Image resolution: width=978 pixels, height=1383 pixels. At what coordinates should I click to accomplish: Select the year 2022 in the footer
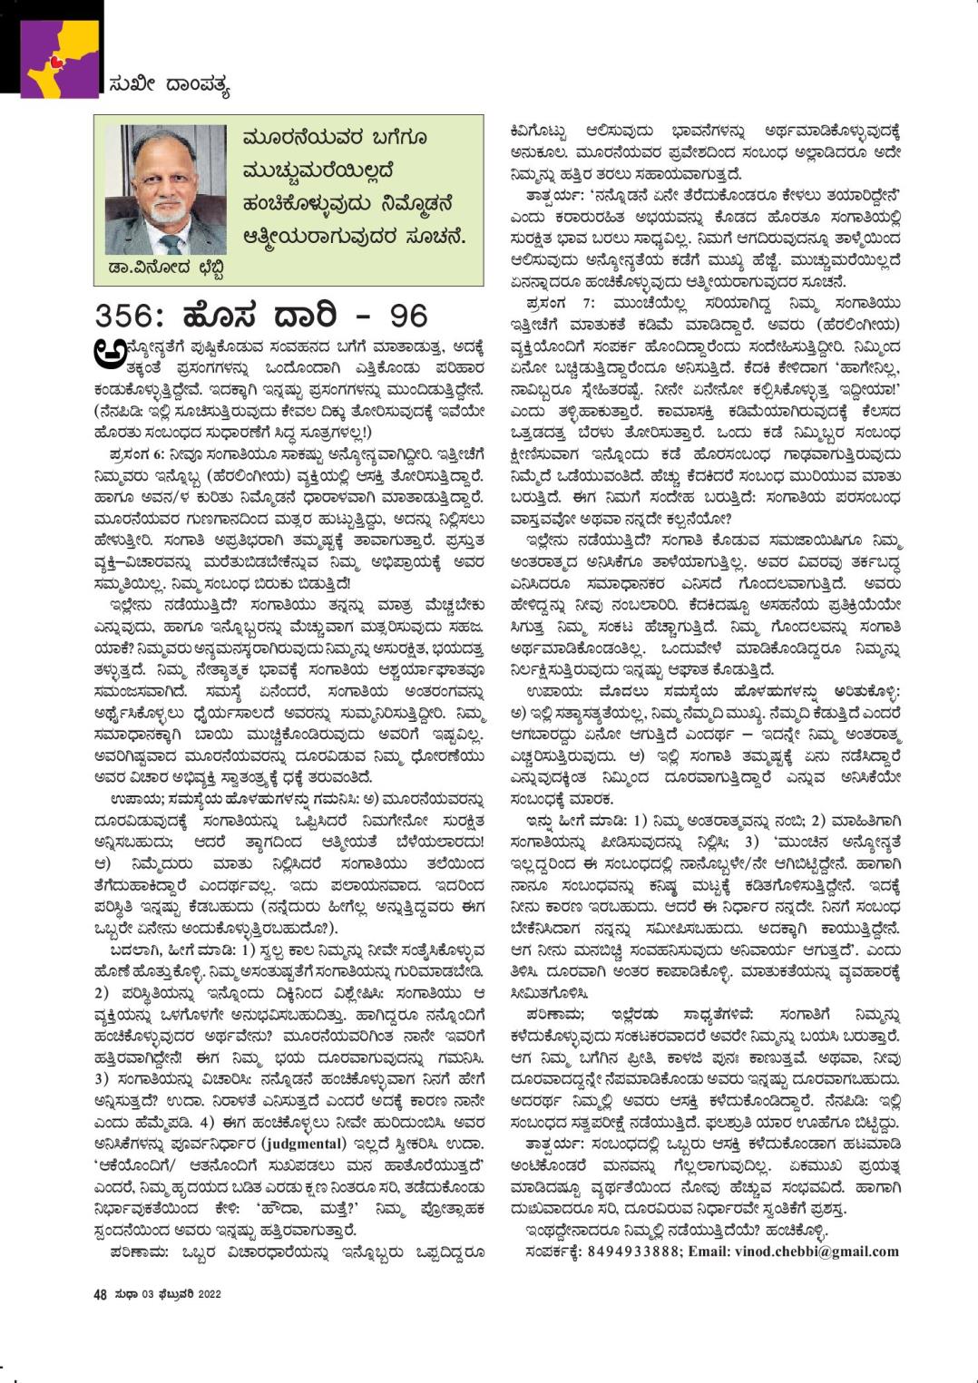(207, 1294)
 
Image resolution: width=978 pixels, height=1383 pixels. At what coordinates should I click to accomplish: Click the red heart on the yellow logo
(57, 61)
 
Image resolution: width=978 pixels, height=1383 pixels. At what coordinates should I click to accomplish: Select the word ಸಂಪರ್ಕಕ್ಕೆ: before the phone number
(553, 1252)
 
